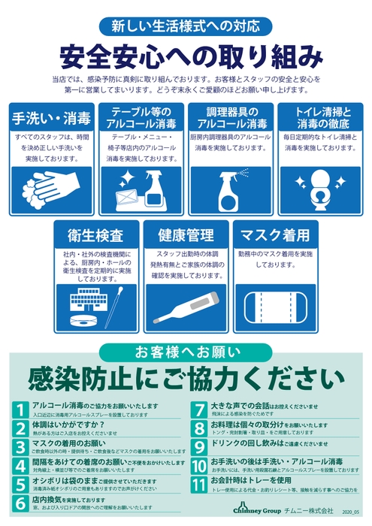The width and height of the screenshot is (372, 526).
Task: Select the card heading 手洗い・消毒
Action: click(50, 118)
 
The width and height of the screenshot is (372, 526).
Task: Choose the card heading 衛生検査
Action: click(95, 235)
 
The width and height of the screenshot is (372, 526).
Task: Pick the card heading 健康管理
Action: click(185, 235)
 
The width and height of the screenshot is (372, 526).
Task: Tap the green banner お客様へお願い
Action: click(186, 351)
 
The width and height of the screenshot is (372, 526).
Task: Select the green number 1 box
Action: click(21, 410)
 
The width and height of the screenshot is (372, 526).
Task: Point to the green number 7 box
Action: click(199, 410)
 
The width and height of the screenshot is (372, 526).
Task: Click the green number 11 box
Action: click(199, 483)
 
